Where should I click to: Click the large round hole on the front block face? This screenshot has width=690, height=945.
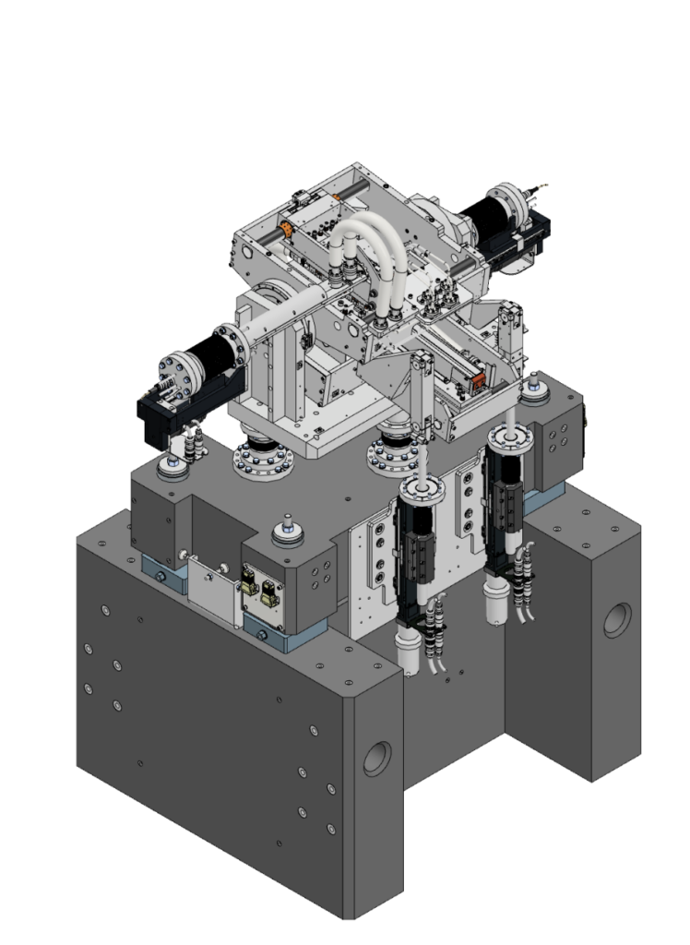[x=377, y=758]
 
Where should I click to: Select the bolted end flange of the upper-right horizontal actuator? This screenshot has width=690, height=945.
[x=506, y=204]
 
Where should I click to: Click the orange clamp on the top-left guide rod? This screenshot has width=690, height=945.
[x=286, y=229]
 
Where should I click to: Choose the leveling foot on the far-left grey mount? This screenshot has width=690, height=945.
[x=172, y=467]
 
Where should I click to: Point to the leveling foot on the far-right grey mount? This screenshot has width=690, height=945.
[x=532, y=391]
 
